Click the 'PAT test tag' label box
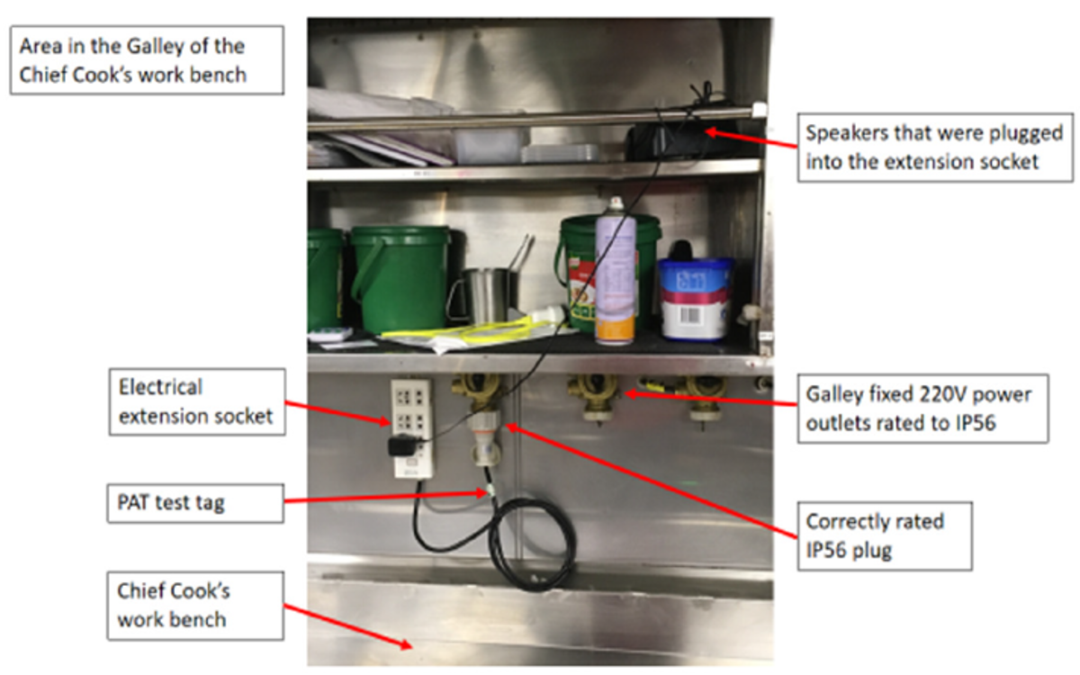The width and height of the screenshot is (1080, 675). pos(196,502)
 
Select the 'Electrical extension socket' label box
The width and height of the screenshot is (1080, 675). pos(196,401)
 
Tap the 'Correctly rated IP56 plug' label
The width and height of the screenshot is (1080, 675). pos(883,535)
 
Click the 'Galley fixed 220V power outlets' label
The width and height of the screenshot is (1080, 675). pos(923,408)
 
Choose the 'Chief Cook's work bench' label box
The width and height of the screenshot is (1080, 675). pos(196,605)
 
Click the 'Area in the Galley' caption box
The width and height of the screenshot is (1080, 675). pos(145,59)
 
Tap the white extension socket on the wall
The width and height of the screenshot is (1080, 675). pos(411,427)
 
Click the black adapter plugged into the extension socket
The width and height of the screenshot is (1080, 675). pos(402,445)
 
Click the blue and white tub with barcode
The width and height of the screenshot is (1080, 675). pos(694,299)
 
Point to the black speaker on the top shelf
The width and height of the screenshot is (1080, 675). pos(668,141)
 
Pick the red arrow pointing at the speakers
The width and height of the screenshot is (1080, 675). pos(751,141)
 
